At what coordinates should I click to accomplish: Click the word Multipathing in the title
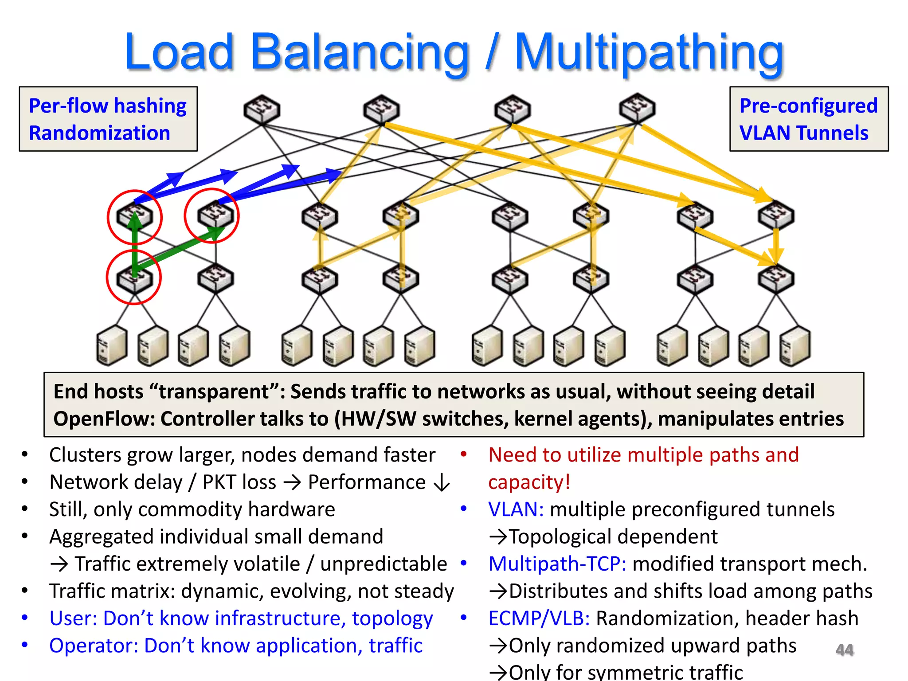tap(649, 53)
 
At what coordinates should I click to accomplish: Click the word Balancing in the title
tap(359, 53)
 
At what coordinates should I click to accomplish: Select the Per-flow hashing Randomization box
tap(108, 119)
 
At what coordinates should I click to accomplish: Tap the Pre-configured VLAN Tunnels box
tap(809, 119)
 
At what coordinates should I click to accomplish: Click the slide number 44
tap(844, 650)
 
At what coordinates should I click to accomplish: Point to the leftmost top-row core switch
tap(262, 109)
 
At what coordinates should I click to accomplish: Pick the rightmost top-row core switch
tap(637, 108)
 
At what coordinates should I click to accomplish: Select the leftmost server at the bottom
tap(111, 346)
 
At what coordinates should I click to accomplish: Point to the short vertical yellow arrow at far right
tap(776, 245)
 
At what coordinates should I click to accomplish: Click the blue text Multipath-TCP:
tap(557, 564)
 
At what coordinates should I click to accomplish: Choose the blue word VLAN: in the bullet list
tap(516, 510)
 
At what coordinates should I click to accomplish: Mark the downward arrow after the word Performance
tap(442, 483)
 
